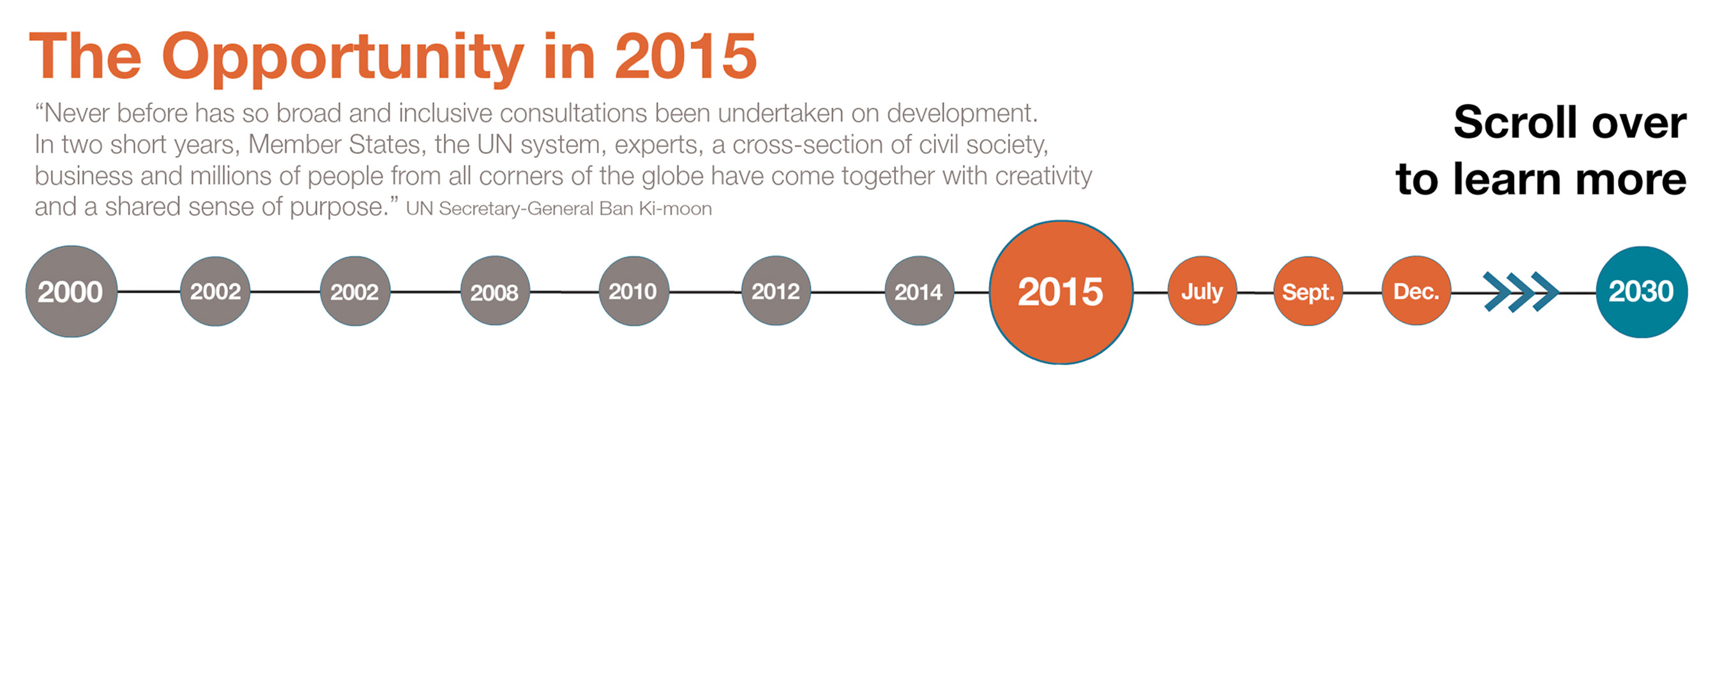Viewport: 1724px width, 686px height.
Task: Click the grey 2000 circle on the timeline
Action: coord(72,292)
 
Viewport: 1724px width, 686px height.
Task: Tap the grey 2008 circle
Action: coord(495,292)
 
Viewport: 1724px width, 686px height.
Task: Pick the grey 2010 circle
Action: coord(633,292)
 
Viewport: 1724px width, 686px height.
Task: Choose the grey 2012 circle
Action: coord(776,292)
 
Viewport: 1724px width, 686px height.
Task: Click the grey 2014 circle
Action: coord(919,292)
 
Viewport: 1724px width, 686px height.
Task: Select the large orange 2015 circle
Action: coord(1061,293)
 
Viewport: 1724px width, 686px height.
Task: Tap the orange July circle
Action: coord(1202,292)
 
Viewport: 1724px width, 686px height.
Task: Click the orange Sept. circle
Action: coord(1308,292)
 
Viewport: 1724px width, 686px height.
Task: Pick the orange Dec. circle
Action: coord(1416,292)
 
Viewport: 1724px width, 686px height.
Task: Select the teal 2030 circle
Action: coord(1641,292)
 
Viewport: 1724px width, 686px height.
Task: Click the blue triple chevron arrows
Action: coord(1520,292)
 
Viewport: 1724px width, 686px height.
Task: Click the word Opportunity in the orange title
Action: coord(342,57)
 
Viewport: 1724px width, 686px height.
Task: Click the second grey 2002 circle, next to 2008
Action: coord(355,292)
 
